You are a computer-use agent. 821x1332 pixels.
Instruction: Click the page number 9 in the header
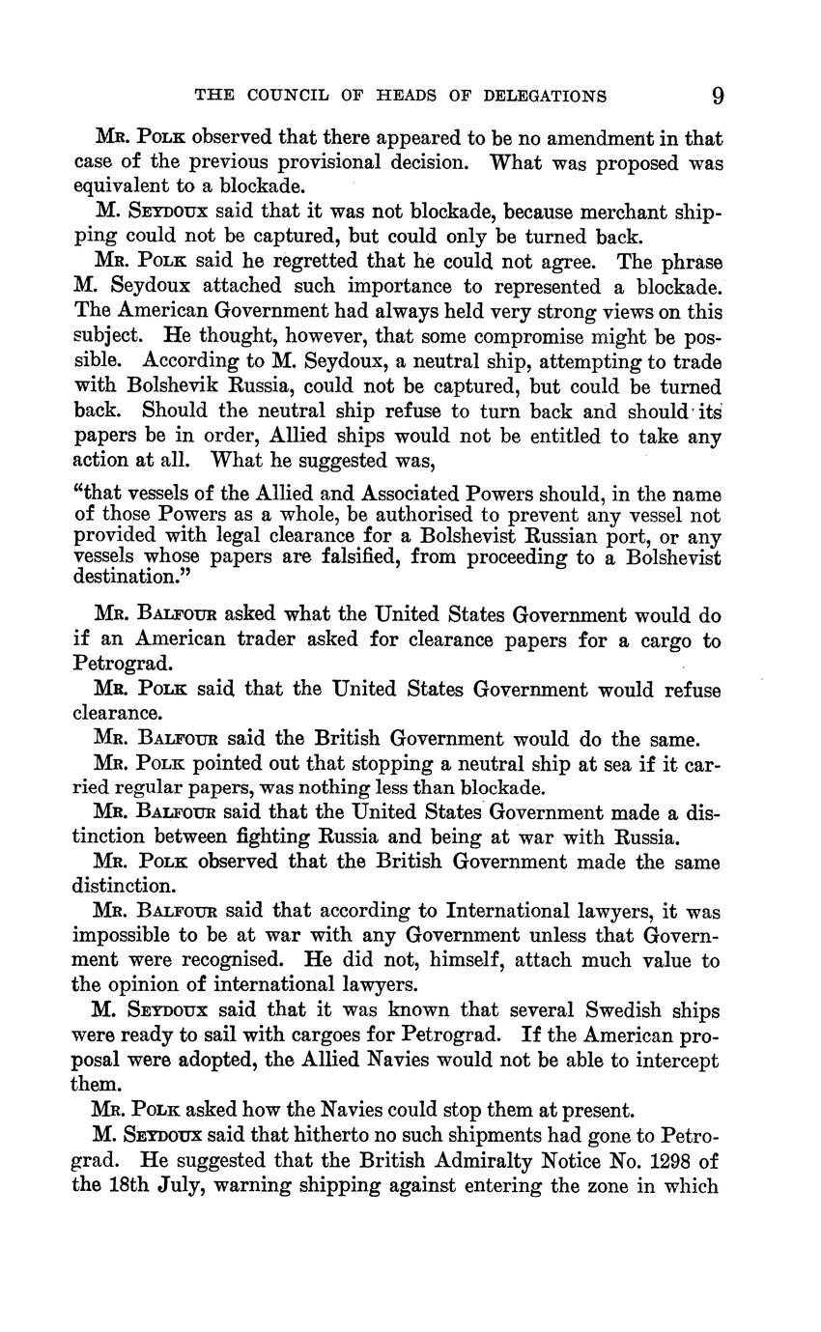(x=717, y=96)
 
